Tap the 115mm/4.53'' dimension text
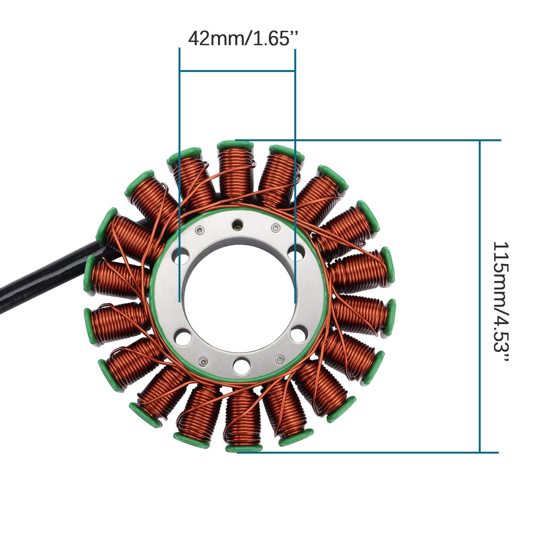(501, 302)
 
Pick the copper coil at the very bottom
(243, 419)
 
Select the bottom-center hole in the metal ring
(241, 365)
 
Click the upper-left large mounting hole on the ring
(180, 257)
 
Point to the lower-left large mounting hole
(182, 337)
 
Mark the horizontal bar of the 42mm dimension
(237, 70)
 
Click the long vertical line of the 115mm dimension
(480, 296)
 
